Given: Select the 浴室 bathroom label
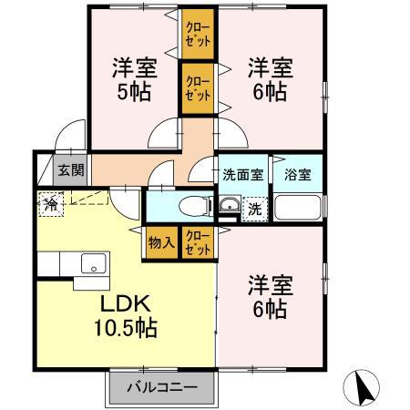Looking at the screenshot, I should coord(296,174).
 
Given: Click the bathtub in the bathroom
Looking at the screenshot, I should coord(298,207).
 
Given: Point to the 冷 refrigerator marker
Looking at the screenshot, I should coord(51,204).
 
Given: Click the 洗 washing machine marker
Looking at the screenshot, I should coord(255,208).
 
